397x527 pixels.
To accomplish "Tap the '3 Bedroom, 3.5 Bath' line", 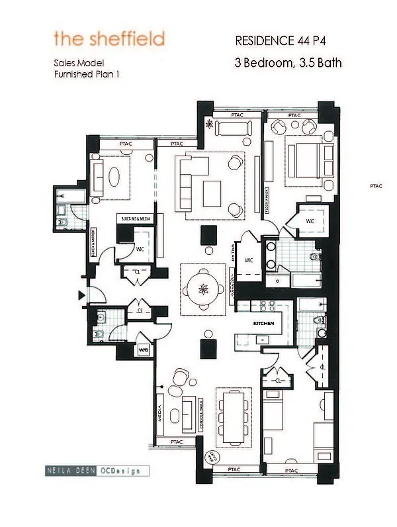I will coord(283,64).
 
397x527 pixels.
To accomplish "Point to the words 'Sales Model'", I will coord(79,64).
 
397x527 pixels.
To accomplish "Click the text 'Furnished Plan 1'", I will coord(87,75).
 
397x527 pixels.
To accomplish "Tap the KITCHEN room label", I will coord(264,324).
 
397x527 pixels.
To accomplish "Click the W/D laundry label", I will coord(144,350).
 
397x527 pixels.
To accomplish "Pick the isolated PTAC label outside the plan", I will coord(376,187).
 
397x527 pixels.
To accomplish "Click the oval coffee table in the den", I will coord(114,177).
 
